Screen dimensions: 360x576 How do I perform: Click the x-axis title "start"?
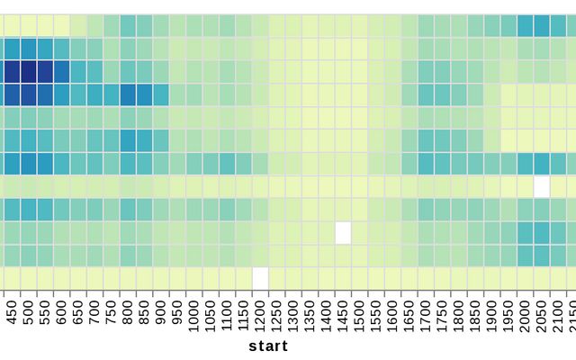268,346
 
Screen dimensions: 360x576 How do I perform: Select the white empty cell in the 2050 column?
541,186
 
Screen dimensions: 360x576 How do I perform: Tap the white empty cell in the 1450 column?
343,232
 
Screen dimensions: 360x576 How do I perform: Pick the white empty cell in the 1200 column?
260,278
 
